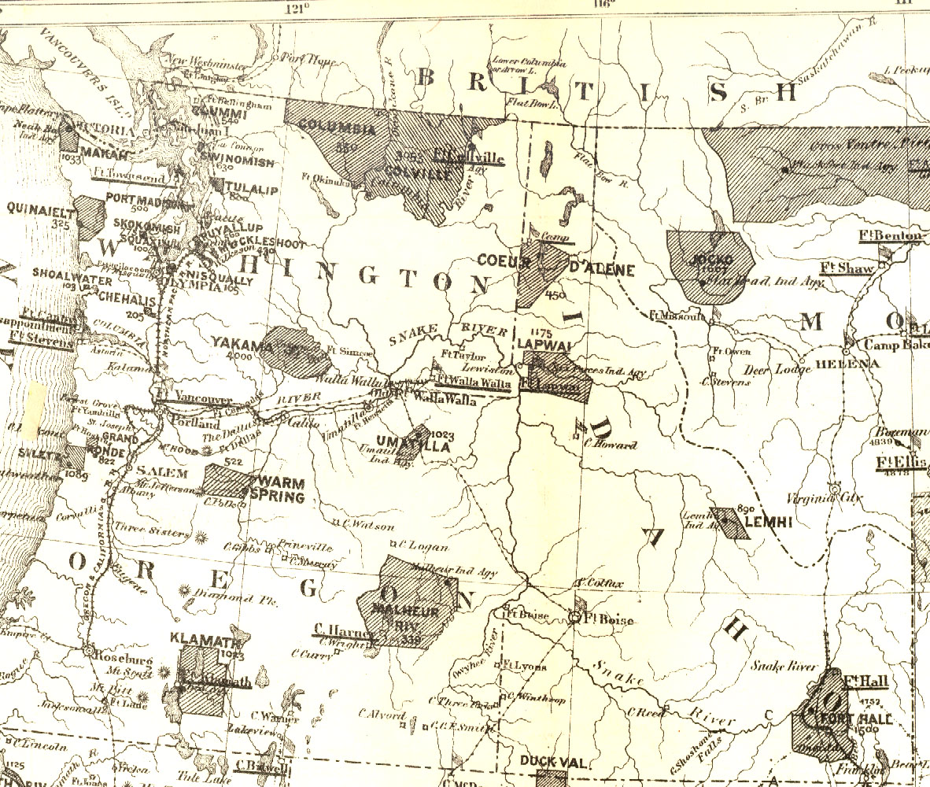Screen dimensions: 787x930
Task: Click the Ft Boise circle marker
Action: (576, 619)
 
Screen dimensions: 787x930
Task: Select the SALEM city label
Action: (162, 472)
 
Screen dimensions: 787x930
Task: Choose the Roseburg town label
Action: (120, 652)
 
